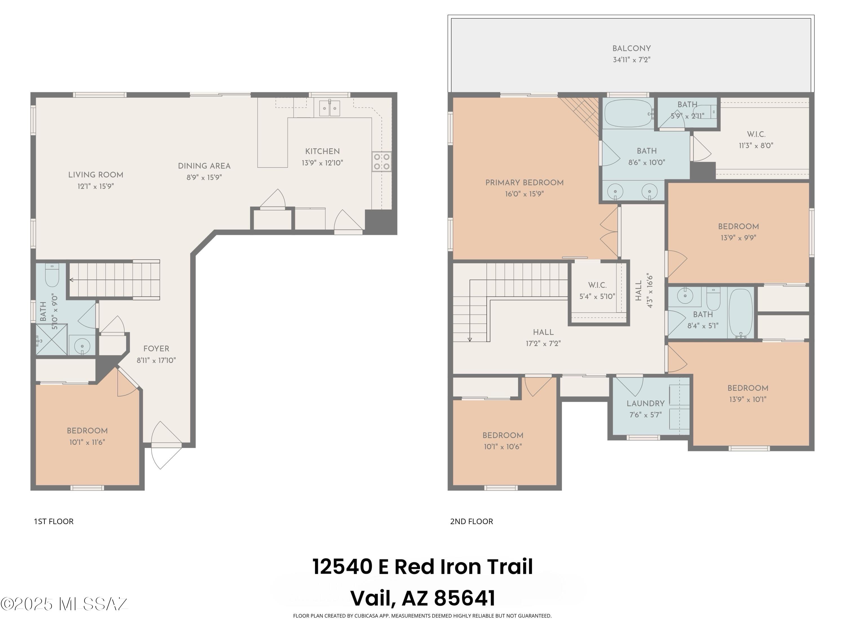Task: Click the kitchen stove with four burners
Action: point(381,161)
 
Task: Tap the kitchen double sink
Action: point(329,108)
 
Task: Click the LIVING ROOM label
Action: point(95,175)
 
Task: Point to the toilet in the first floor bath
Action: point(52,275)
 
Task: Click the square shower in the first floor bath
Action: point(52,339)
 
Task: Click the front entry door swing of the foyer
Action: point(166,445)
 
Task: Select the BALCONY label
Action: point(631,48)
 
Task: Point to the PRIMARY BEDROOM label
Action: point(524,182)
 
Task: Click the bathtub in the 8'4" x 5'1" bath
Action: point(740,313)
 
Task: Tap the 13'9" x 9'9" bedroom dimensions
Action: point(738,238)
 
